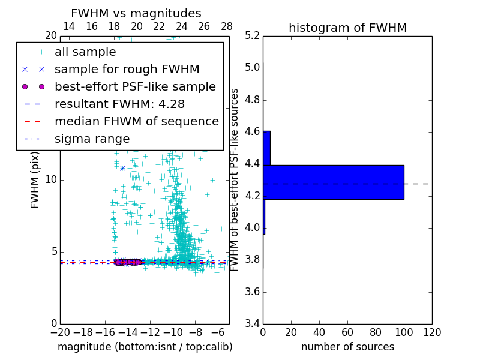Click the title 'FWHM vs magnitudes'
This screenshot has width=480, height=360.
(x=136, y=14)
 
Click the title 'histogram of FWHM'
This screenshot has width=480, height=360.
(x=347, y=28)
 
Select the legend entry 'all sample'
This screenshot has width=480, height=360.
(x=85, y=52)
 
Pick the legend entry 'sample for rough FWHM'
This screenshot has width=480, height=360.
(x=127, y=70)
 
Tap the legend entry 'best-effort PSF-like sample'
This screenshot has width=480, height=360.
(x=135, y=87)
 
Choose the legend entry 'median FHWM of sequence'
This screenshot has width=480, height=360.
(x=136, y=122)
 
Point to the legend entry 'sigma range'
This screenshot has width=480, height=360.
(x=92, y=139)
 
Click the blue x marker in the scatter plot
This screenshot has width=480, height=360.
(x=122, y=168)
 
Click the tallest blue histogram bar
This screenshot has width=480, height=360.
(x=334, y=182)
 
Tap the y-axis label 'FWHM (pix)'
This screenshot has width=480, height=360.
(x=35, y=180)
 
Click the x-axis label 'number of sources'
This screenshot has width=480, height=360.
(x=347, y=347)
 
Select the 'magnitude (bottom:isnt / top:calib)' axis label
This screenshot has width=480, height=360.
(x=145, y=347)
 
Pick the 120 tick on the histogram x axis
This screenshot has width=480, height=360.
(x=432, y=332)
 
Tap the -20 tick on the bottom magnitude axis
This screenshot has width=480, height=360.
(x=60, y=332)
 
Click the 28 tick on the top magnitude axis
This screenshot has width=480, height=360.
(x=227, y=26)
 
